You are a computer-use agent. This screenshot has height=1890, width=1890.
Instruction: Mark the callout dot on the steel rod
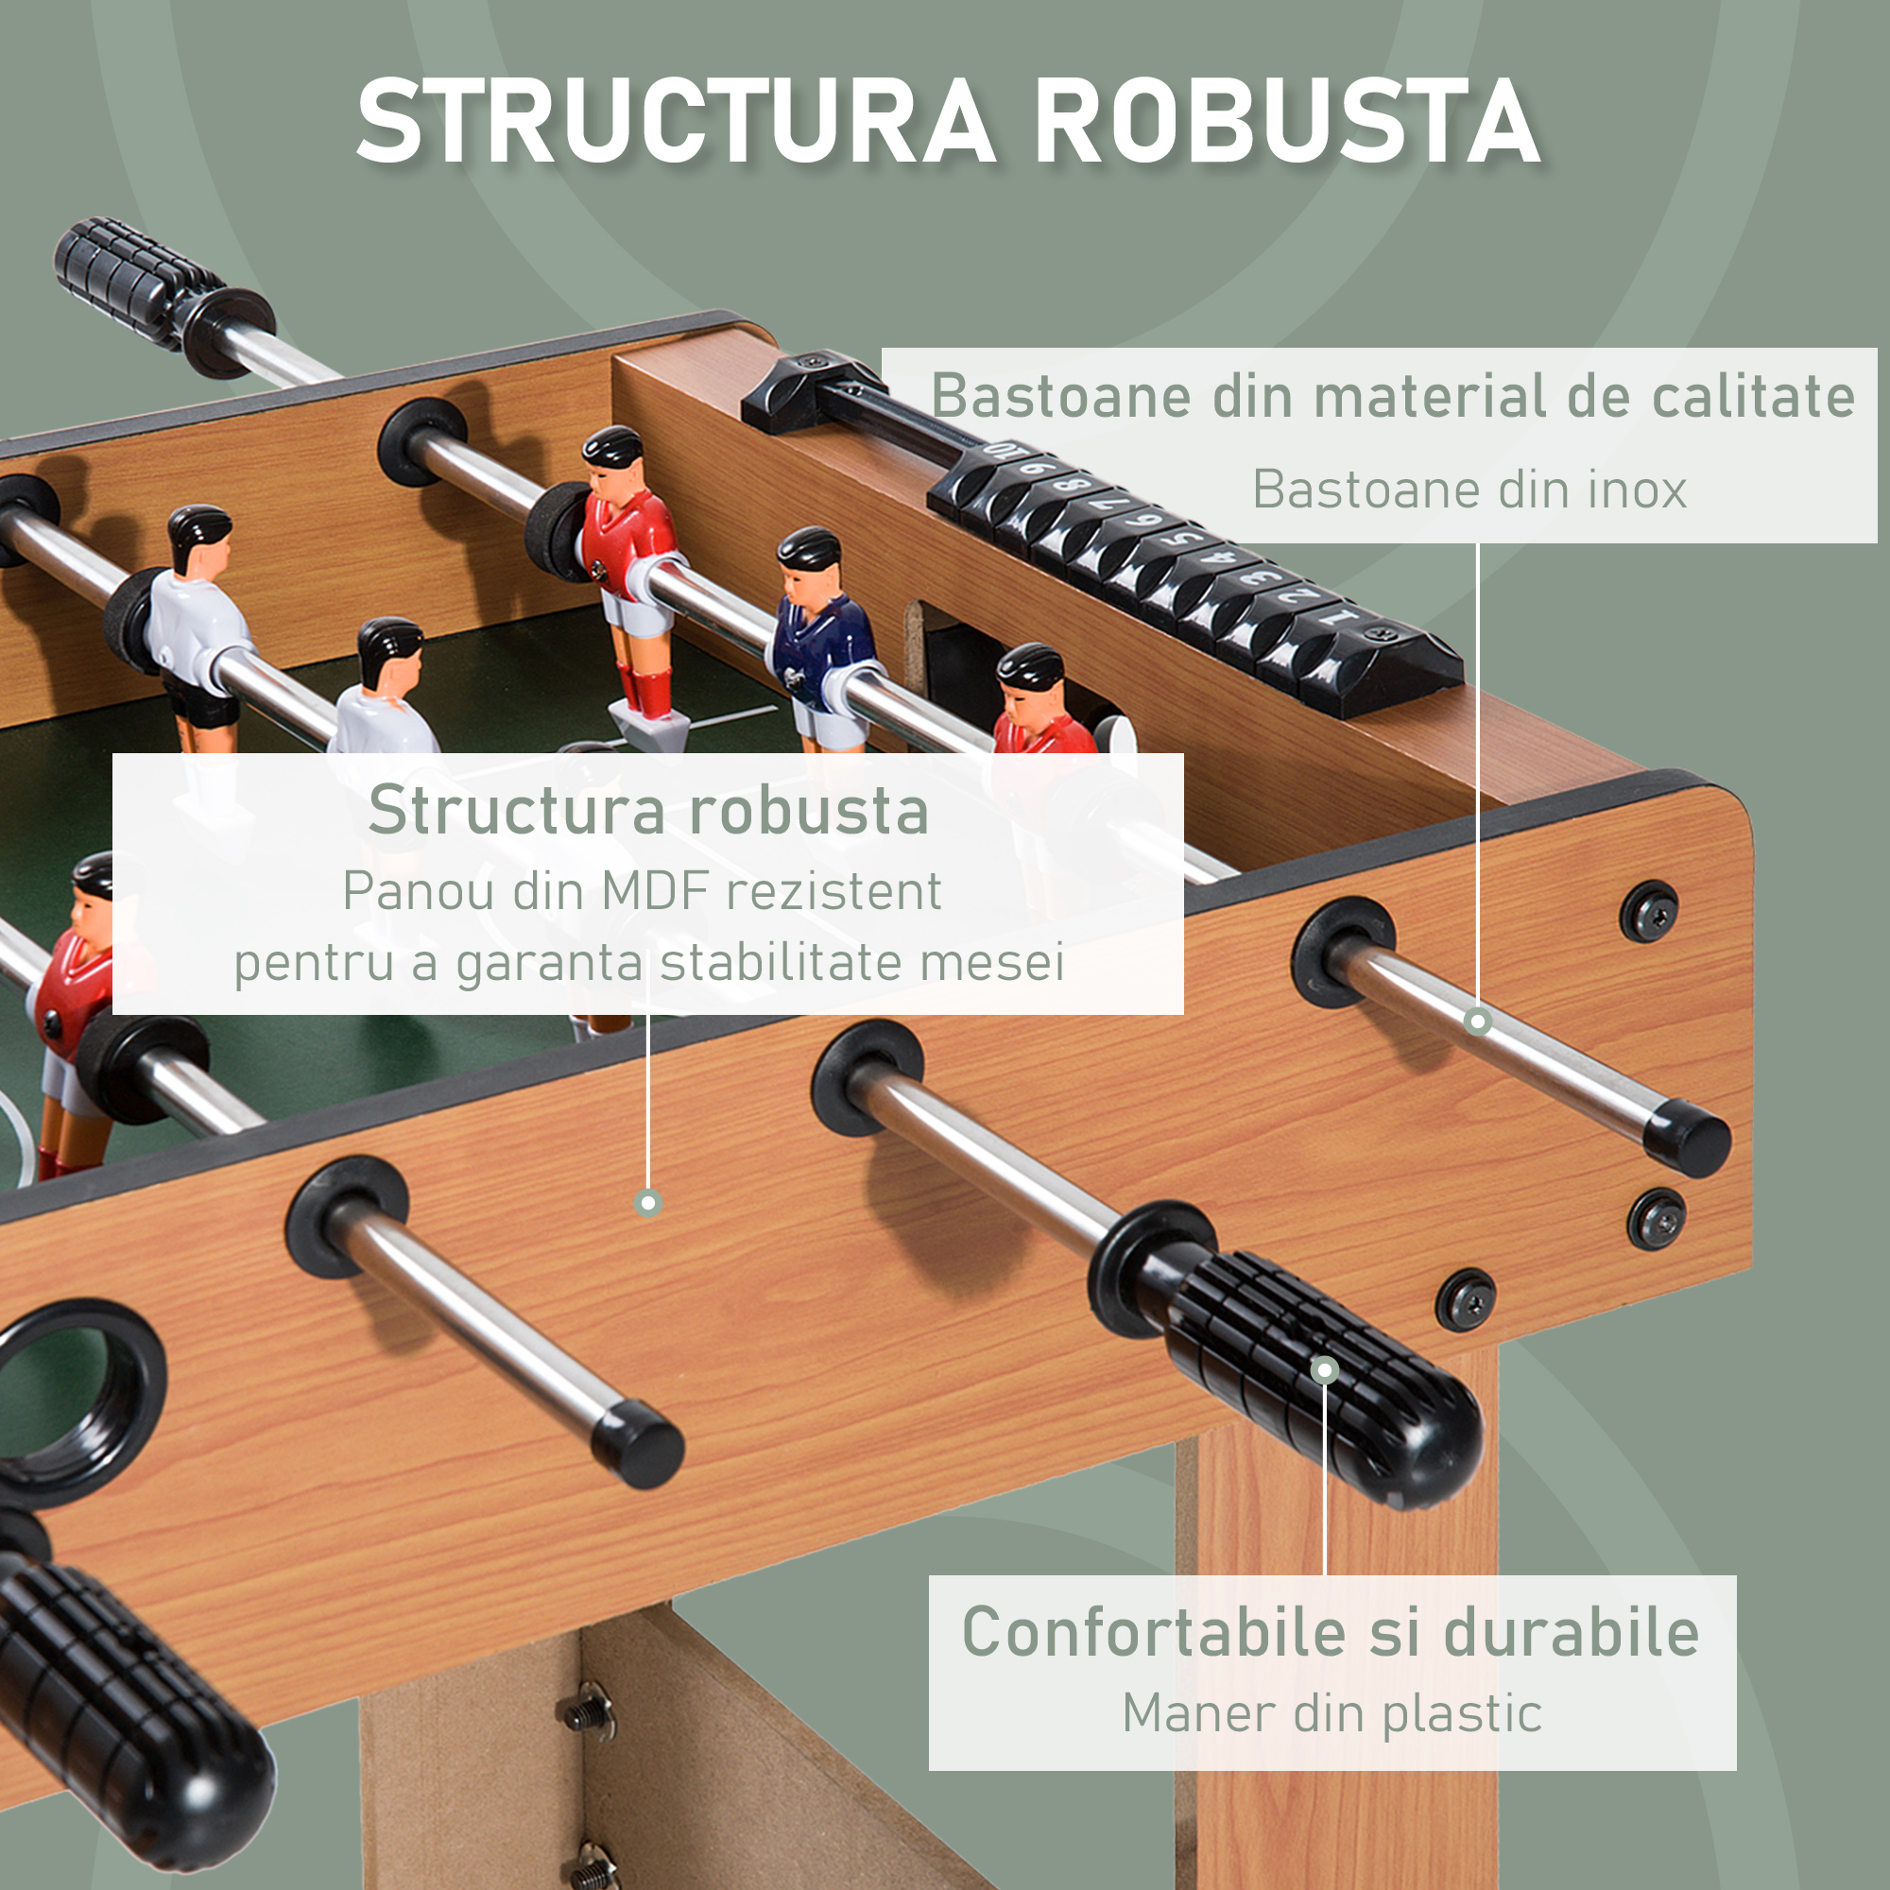pos(1477,1022)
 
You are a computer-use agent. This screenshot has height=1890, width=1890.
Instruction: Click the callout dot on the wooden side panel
pos(647,1202)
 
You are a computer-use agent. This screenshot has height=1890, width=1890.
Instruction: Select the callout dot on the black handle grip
pos(1325,1369)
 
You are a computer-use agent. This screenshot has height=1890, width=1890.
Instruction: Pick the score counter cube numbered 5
pos(1186,537)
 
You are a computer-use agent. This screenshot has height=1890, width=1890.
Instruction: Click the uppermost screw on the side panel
pos(1649,912)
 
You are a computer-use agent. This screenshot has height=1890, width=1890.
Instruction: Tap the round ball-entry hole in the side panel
pos(74,1389)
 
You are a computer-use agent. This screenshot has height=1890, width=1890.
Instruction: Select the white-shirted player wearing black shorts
pos(196,627)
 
